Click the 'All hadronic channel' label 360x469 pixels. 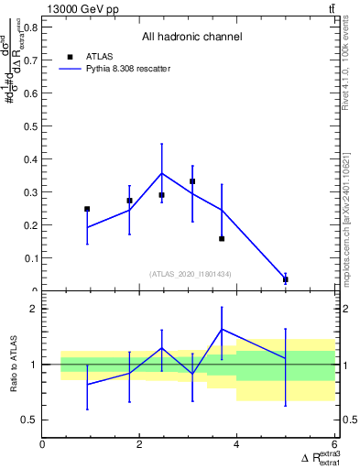[191, 38]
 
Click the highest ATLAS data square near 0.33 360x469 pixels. [192, 181]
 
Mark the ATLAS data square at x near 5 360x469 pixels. [286, 279]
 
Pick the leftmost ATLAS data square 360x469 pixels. [87, 209]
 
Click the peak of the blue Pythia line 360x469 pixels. [162, 173]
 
